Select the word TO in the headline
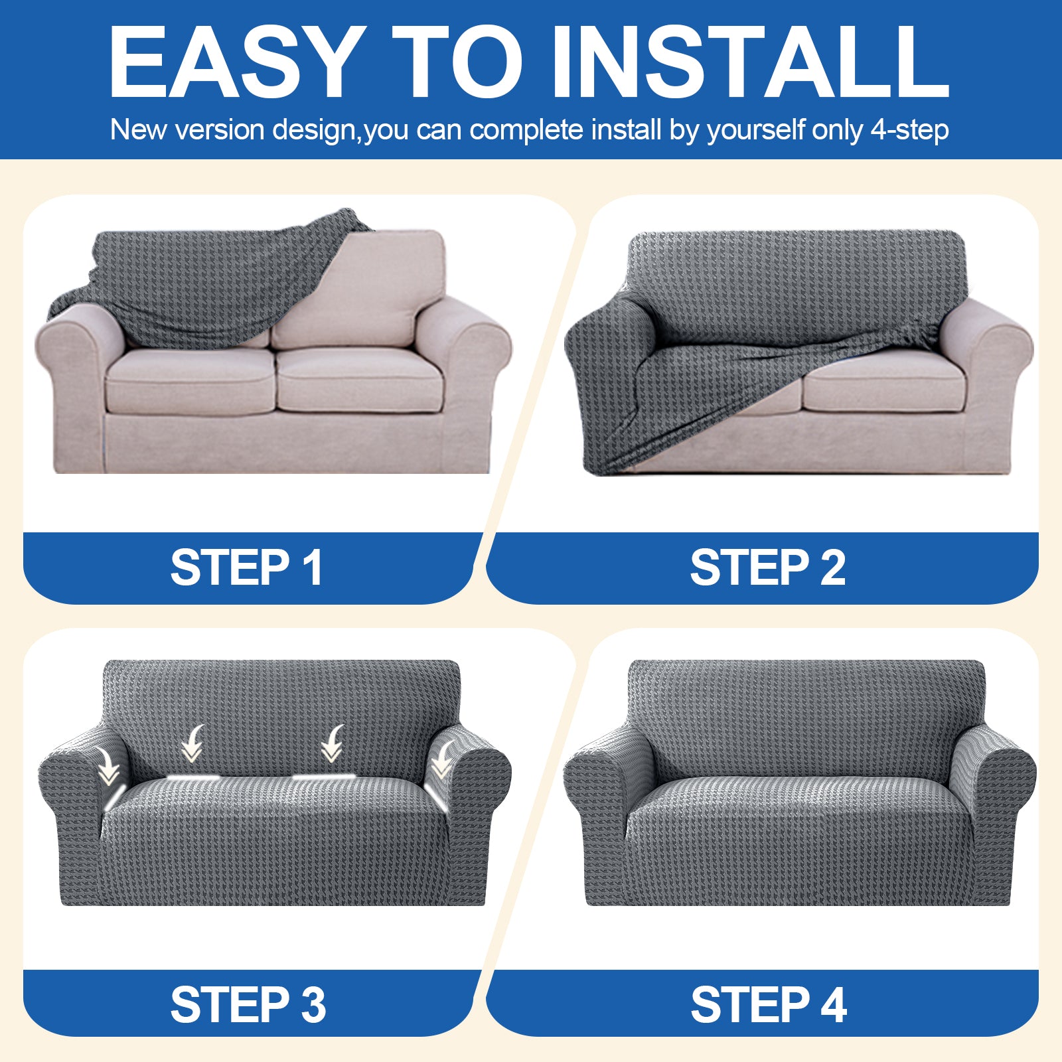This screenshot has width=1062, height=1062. [x=457, y=63]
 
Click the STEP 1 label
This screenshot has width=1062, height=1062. [x=247, y=568]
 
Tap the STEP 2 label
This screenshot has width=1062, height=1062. [x=767, y=568]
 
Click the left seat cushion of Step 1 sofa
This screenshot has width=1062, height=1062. [x=189, y=382]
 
